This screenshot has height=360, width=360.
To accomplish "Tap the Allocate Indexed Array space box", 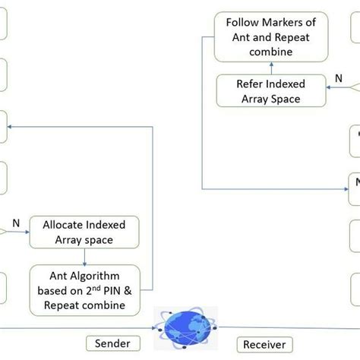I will [x=84, y=232].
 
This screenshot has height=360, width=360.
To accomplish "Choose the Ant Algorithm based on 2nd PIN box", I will [x=84, y=290].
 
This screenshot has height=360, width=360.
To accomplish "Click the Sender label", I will [x=112, y=343].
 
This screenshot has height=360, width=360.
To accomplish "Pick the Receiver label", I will [x=264, y=344].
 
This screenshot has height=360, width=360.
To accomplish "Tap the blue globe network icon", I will [x=185, y=325].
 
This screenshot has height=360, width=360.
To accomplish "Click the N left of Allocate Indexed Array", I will [x=15, y=224].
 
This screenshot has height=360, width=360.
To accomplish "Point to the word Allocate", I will [x=67, y=226].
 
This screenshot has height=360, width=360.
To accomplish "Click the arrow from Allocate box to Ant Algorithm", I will [x=84, y=255].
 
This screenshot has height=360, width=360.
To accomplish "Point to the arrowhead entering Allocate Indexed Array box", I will [x=27, y=232].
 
